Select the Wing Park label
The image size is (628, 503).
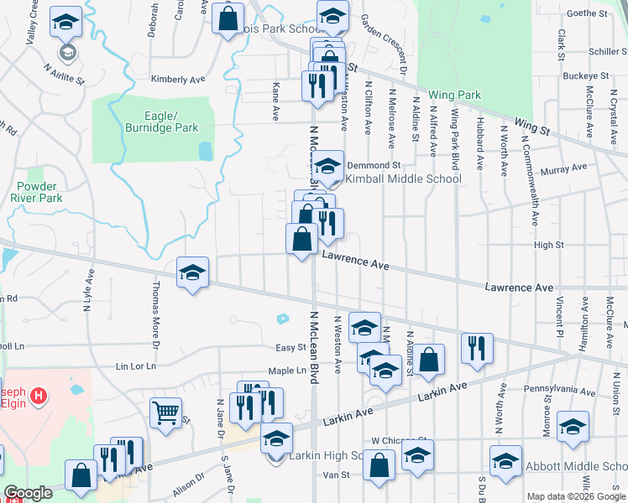click(454, 95)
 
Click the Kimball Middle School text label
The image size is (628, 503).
click(404, 179)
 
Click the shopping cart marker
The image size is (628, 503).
click(165, 412)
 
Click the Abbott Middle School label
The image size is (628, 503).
click(577, 466)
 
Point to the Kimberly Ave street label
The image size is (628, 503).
click(178, 80)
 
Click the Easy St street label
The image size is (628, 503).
click(290, 347)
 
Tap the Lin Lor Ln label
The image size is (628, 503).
click(136, 366)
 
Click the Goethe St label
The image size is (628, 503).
click(587, 13)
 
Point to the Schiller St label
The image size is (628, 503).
click(591, 51)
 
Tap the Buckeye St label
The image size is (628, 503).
click(585, 75)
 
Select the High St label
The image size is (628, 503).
click(548, 245)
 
